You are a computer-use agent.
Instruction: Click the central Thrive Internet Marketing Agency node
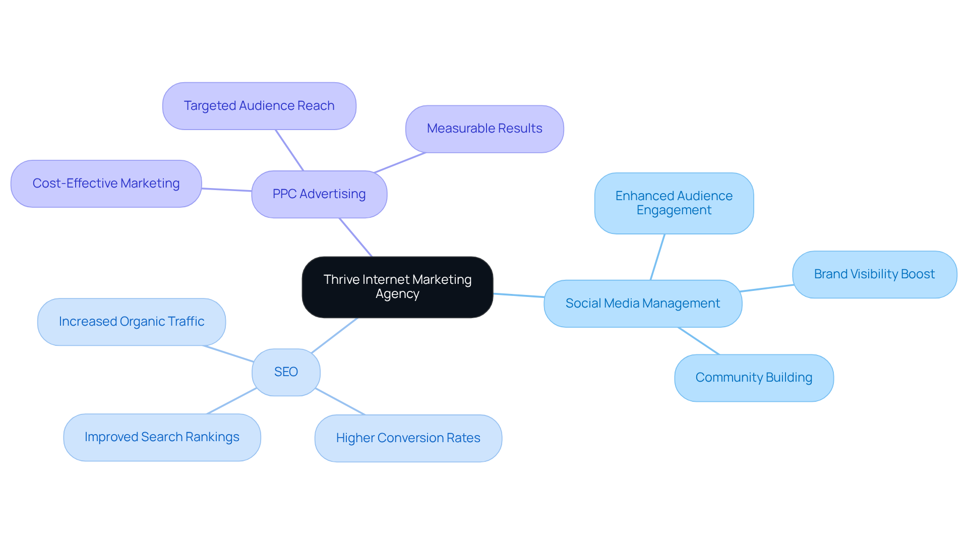(397, 287)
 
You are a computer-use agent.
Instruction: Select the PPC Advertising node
(319, 194)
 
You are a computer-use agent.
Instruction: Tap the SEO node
(286, 372)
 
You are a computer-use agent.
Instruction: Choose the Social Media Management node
(643, 304)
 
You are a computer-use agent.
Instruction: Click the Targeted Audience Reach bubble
(259, 106)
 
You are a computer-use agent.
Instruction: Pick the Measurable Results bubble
(485, 129)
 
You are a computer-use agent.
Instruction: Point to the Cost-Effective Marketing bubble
(106, 184)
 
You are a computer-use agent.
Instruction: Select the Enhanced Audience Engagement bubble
(674, 203)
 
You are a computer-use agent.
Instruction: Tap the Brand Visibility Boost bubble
(874, 274)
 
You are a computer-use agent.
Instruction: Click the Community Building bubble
(754, 378)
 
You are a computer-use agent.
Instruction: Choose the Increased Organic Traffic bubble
(131, 322)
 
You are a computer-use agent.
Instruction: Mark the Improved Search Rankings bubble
(162, 437)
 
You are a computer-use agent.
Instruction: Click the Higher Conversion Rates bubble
(408, 438)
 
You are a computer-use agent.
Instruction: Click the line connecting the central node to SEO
(335, 335)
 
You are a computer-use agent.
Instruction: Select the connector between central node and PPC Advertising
(356, 237)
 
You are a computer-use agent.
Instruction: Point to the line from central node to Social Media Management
(518, 295)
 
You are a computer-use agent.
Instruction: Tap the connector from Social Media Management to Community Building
(699, 341)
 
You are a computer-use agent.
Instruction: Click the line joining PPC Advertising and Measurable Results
(400, 162)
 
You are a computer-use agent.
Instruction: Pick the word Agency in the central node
(397, 294)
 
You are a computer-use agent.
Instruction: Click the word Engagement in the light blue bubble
(674, 210)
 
